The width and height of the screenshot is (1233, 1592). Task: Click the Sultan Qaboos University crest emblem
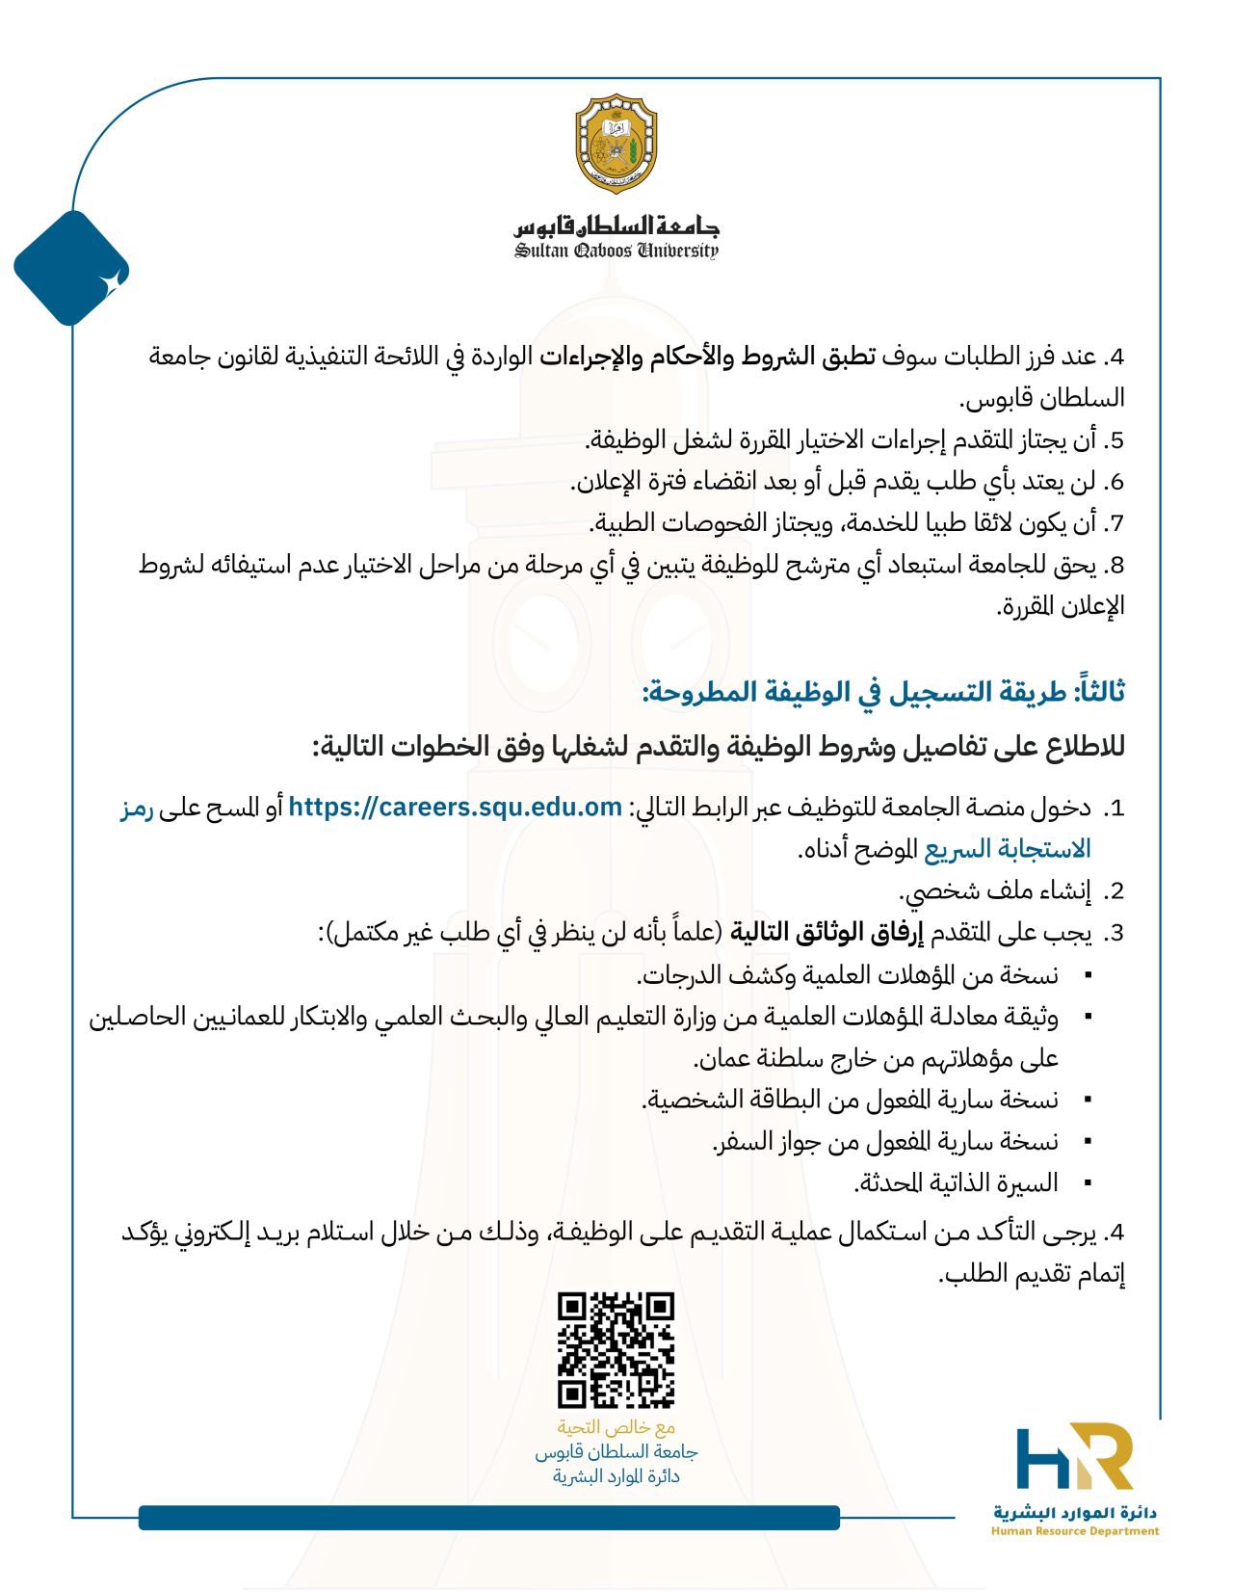click(x=616, y=144)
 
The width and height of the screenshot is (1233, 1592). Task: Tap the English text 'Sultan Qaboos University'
click(x=616, y=252)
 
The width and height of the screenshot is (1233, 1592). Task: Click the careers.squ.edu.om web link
click(x=456, y=808)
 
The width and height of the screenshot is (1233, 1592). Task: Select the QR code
click(x=616, y=1349)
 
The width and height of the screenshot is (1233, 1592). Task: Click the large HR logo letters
click(x=1074, y=1457)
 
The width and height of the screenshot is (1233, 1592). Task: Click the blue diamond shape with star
click(x=71, y=269)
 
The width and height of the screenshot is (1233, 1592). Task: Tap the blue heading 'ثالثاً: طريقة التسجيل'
click(x=883, y=692)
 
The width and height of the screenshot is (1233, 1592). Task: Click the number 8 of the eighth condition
click(x=1115, y=566)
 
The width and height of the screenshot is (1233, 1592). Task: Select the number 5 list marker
click(x=1115, y=441)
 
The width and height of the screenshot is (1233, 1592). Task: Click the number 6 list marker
click(x=1115, y=483)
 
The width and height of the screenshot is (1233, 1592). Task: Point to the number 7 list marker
click(x=1115, y=524)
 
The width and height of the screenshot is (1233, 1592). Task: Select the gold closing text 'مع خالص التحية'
click(x=616, y=1427)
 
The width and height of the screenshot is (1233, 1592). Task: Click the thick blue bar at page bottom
click(x=488, y=1518)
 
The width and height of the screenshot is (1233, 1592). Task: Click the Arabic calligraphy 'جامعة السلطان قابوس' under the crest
click(x=616, y=226)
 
